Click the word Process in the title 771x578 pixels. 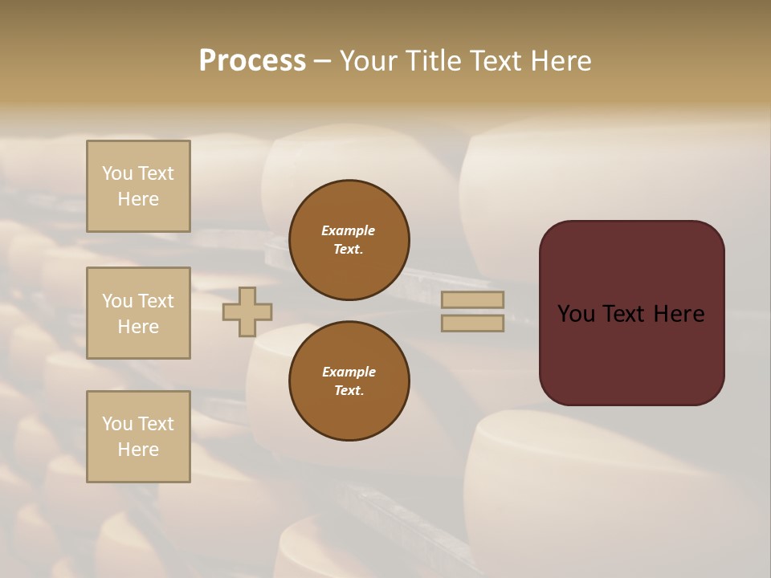[252, 61]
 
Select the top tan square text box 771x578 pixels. [138, 186]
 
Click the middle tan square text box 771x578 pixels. [138, 313]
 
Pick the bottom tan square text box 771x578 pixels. [138, 437]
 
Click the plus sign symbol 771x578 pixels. [247, 311]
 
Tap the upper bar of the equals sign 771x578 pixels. [473, 299]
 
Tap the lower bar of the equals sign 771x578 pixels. [473, 323]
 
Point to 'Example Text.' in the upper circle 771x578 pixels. [349, 240]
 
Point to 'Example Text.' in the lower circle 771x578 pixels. [349, 381]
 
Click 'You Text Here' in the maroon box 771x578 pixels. [631, 314]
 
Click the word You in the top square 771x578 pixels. [117, 173]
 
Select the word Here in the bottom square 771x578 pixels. [138, 450]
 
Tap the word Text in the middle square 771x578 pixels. [155, 301]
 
